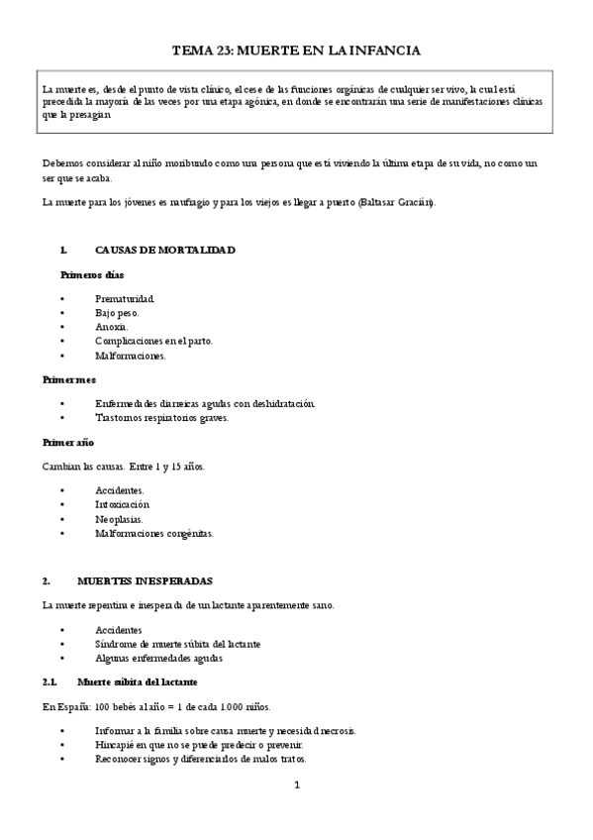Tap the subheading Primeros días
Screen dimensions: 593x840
coord(92,274)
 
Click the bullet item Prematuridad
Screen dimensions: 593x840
coord(125,298)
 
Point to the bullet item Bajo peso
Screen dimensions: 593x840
coord(118,312)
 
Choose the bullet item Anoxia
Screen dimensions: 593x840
coord(112,326)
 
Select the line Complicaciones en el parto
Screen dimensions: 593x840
coord(153,341)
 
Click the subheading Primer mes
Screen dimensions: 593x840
coord(69,379)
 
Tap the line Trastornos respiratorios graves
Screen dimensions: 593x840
coord(161,417)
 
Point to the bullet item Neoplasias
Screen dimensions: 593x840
coord(119,518)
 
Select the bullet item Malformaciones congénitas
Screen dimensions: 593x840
coord(153,533)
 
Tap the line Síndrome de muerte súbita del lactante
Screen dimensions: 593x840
coord(178,644)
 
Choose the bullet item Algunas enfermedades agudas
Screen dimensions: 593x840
coord(158,658)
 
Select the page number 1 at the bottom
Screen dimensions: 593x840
coord(296,787)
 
